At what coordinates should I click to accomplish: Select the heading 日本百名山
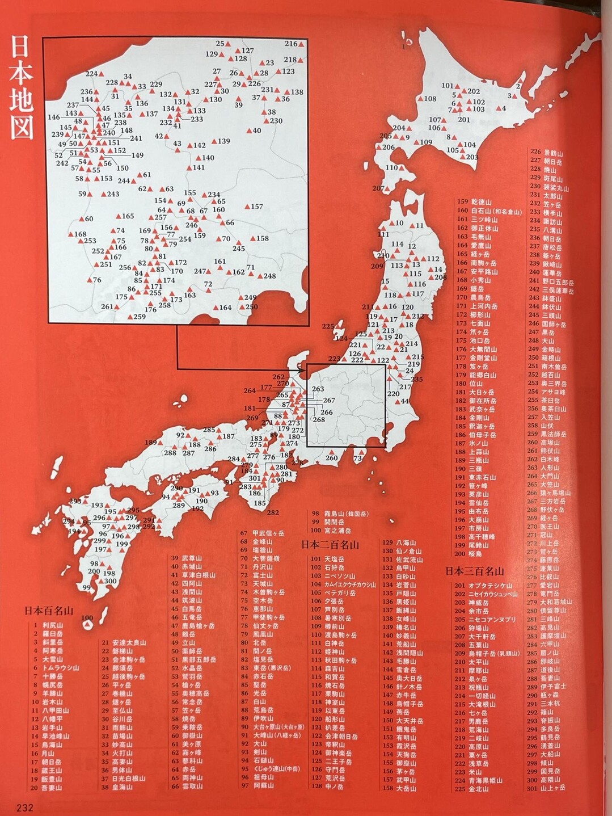(49, 611)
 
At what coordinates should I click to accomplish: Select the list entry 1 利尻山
(48, 625)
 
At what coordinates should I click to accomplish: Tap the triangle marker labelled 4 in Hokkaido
(497, 108)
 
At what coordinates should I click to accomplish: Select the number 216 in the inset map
(291, 44)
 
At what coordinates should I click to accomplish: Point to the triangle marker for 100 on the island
(87, 625)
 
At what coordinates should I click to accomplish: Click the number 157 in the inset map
(257, 207)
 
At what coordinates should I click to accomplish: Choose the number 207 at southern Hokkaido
(378, 188)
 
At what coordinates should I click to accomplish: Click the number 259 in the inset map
(140, 317)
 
